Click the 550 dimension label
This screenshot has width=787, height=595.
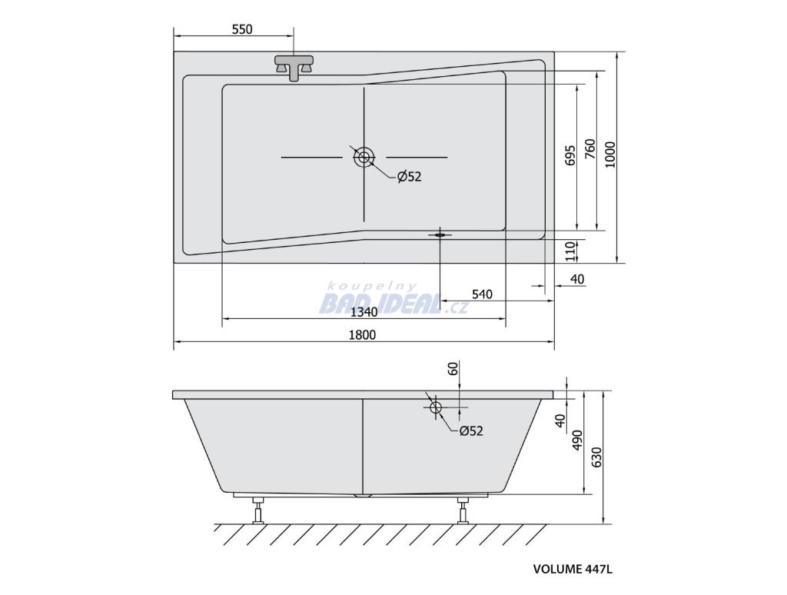(x=242, y=30)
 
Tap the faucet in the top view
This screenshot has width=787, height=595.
(x=294, y=68)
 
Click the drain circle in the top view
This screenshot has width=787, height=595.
(x=364, y=157)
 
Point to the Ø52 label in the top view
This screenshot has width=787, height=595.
(x=409, y=176)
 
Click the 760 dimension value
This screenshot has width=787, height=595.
(x=589, y=150)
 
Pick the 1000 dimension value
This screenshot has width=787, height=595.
(x=609, y=155)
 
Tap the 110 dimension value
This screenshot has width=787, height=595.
(x=569, y=251)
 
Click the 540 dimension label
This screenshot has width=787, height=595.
(x=482, y=294)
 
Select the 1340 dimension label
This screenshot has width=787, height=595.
(x=364, y=312)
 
